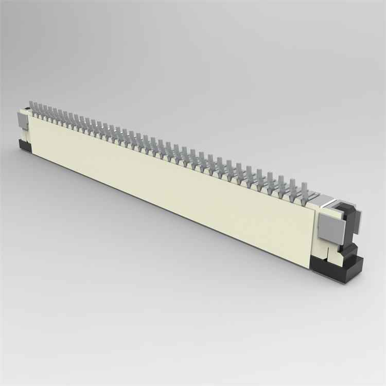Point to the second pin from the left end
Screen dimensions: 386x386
pos(36,108)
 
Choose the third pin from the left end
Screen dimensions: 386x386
pos(41,109)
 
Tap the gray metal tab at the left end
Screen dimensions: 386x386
pos(23,121)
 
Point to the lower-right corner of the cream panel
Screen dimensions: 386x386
pos(311,268)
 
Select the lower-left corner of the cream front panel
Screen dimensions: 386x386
pos(32,152)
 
